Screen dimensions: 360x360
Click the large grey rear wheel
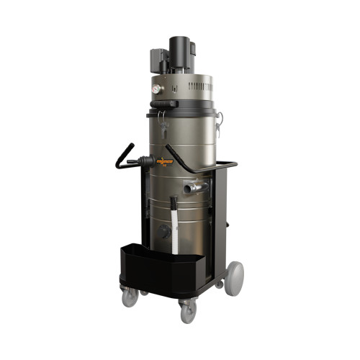coord(234,277)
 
